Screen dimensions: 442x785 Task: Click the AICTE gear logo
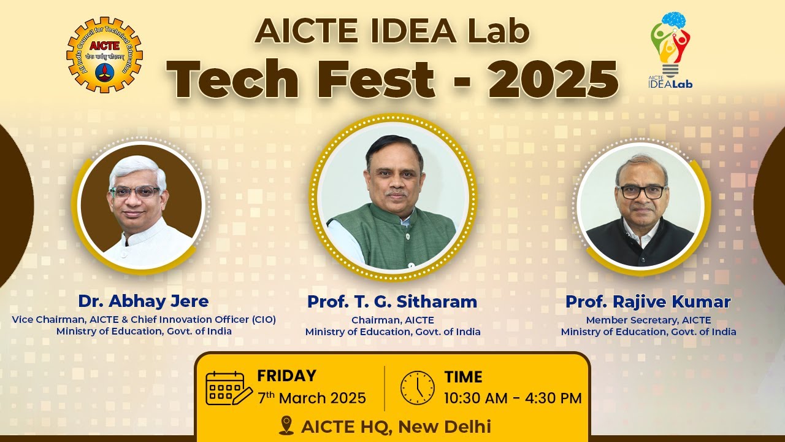[104, 55]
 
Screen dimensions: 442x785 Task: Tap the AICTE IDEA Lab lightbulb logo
[670, 49]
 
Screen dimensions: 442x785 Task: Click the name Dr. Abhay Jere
[144, 301]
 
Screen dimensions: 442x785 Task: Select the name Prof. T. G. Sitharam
[392, 302]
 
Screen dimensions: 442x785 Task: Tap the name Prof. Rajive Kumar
[648, 302]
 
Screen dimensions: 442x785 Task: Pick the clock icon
[417, 388]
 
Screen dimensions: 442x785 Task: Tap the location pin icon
[286, 425]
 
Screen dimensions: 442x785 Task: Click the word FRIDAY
[286, 376]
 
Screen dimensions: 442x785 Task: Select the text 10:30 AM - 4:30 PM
[513, 398]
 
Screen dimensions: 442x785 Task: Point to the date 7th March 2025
[312, 398]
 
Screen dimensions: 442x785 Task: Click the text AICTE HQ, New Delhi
[396, 426]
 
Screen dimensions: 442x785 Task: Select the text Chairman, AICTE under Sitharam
[392, 320]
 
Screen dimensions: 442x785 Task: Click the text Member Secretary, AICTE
[648, 320]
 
